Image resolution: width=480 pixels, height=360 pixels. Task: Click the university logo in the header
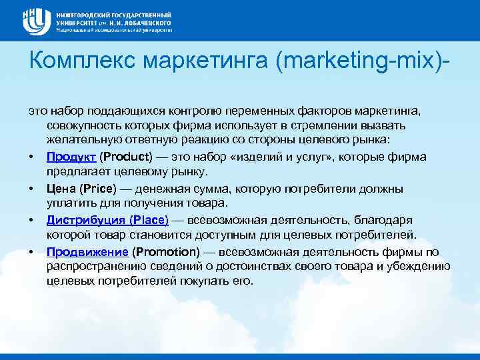36,21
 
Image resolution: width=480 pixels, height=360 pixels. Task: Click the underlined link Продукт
71,156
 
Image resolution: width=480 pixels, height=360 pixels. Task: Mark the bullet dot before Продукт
31,157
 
